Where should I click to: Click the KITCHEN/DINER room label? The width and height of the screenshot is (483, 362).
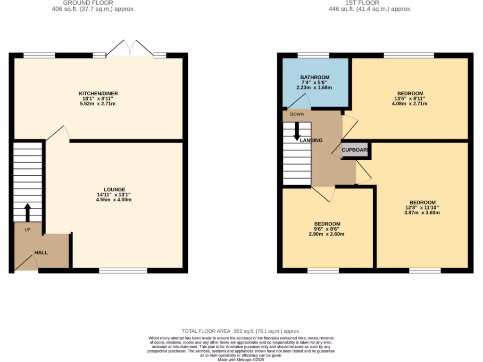[x=98, y=93]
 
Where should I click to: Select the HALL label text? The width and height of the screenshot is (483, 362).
[x=41, y=253]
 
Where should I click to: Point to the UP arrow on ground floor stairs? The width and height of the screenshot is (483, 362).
[x=27, y=212]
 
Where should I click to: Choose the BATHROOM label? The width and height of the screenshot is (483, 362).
[x=315, y=77]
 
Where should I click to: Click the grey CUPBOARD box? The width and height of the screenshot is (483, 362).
[x=355, y=150]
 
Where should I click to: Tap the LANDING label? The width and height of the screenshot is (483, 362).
[x=311, y=140]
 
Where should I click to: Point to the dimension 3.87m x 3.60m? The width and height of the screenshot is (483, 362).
[x=422, y=213]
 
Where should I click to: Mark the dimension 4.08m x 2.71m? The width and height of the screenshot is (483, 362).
[x=410, y=104]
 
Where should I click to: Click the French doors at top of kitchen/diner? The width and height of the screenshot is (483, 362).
[x=129, y=49]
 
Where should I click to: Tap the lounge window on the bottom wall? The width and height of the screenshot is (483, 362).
[x=123, y=271]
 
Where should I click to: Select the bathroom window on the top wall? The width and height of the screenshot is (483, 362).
[x=313, y=56]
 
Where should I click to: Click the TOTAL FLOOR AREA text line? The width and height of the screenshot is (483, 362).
[x=241, y=331]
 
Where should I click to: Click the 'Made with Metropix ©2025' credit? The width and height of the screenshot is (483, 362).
[x=241, y=359]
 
